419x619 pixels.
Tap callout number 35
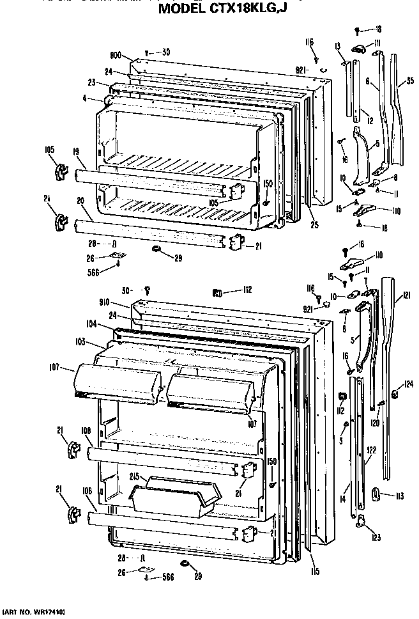(410, 81)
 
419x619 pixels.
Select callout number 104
(90, 325)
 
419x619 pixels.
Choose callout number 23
(91, 82)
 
